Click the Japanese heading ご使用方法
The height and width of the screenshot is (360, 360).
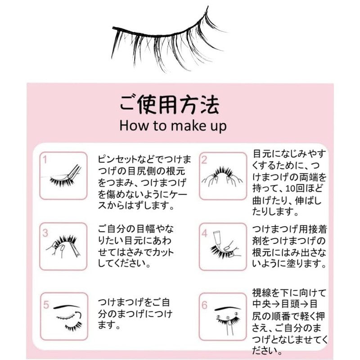(x=169, y=105)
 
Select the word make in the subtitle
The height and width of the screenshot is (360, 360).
(x=183, y=126)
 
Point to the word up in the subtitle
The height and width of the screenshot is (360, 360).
(x=217, y=126)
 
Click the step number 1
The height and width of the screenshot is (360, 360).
(x=45, y=159)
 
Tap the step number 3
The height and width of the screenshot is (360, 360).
(x=45, y=233)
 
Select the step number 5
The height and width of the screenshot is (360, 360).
(x=45, y=305)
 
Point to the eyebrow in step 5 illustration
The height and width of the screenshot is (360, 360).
(x=67, y=307)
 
